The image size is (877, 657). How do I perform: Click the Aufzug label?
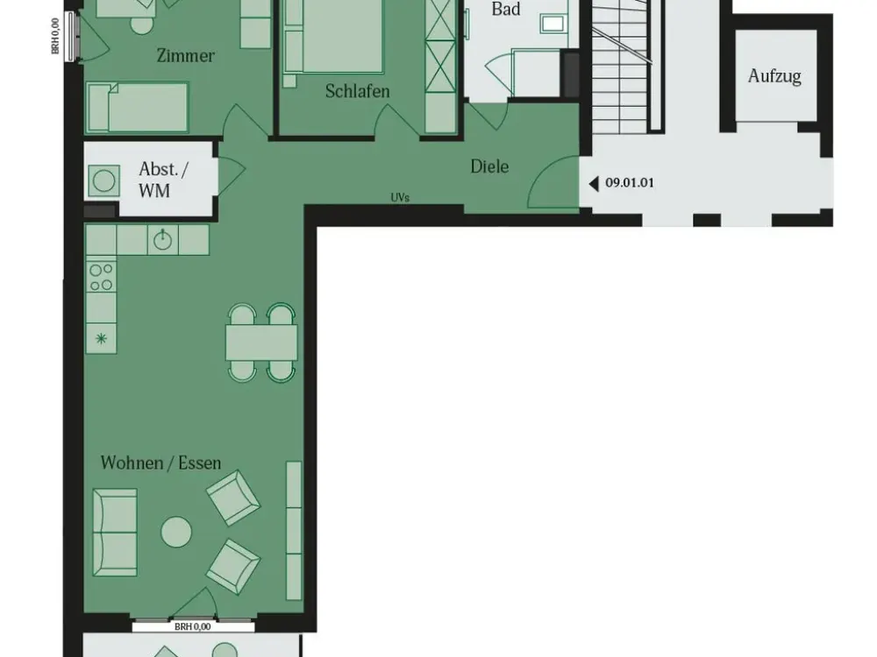tap(774, 75)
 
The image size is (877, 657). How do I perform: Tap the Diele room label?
tap(489, 166)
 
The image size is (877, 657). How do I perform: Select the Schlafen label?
tap(358, 90)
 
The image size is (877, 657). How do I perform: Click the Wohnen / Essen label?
tap(161, 463)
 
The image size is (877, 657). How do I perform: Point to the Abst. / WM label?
tap(163, 180)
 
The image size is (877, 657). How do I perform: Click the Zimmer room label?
tap(186, 55)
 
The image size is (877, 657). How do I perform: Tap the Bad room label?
tap(506, 9)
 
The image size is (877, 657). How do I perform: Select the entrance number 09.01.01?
tap(630, 183)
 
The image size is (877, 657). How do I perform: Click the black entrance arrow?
tap(594, 183)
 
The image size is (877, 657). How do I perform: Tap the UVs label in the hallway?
tap(400, 197)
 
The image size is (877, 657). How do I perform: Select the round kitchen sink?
tap(163, 240)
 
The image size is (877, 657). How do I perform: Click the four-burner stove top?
tap(101, 277)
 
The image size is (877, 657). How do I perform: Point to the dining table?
tap(261, 343)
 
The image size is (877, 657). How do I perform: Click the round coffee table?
tap(176, 533)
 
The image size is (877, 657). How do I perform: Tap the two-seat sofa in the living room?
tap(115, 532)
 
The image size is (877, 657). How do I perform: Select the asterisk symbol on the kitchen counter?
tap(101, 338)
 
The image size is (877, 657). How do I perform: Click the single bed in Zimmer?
tap(137, 108)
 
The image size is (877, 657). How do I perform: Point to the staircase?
tap(621, 67)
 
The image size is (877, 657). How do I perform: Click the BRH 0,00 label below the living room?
tap(192, 627)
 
